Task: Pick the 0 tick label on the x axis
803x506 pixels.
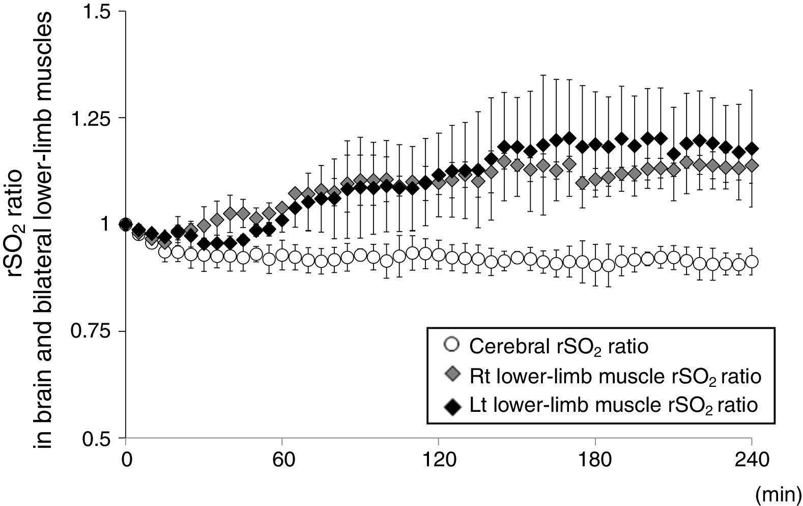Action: click(126, 461)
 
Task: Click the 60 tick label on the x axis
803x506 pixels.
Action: click(282, 461)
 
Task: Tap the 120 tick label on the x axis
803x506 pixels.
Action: click(438, 461)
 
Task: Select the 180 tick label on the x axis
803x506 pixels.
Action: click(595, 461)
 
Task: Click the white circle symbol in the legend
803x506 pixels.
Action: click(451, 345)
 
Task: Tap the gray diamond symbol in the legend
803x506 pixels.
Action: click(451, 375)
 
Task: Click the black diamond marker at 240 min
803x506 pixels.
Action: click(752, 149)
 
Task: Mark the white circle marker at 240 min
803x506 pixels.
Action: click(752, 262)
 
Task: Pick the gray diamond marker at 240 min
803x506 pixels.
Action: click(752, 166)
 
